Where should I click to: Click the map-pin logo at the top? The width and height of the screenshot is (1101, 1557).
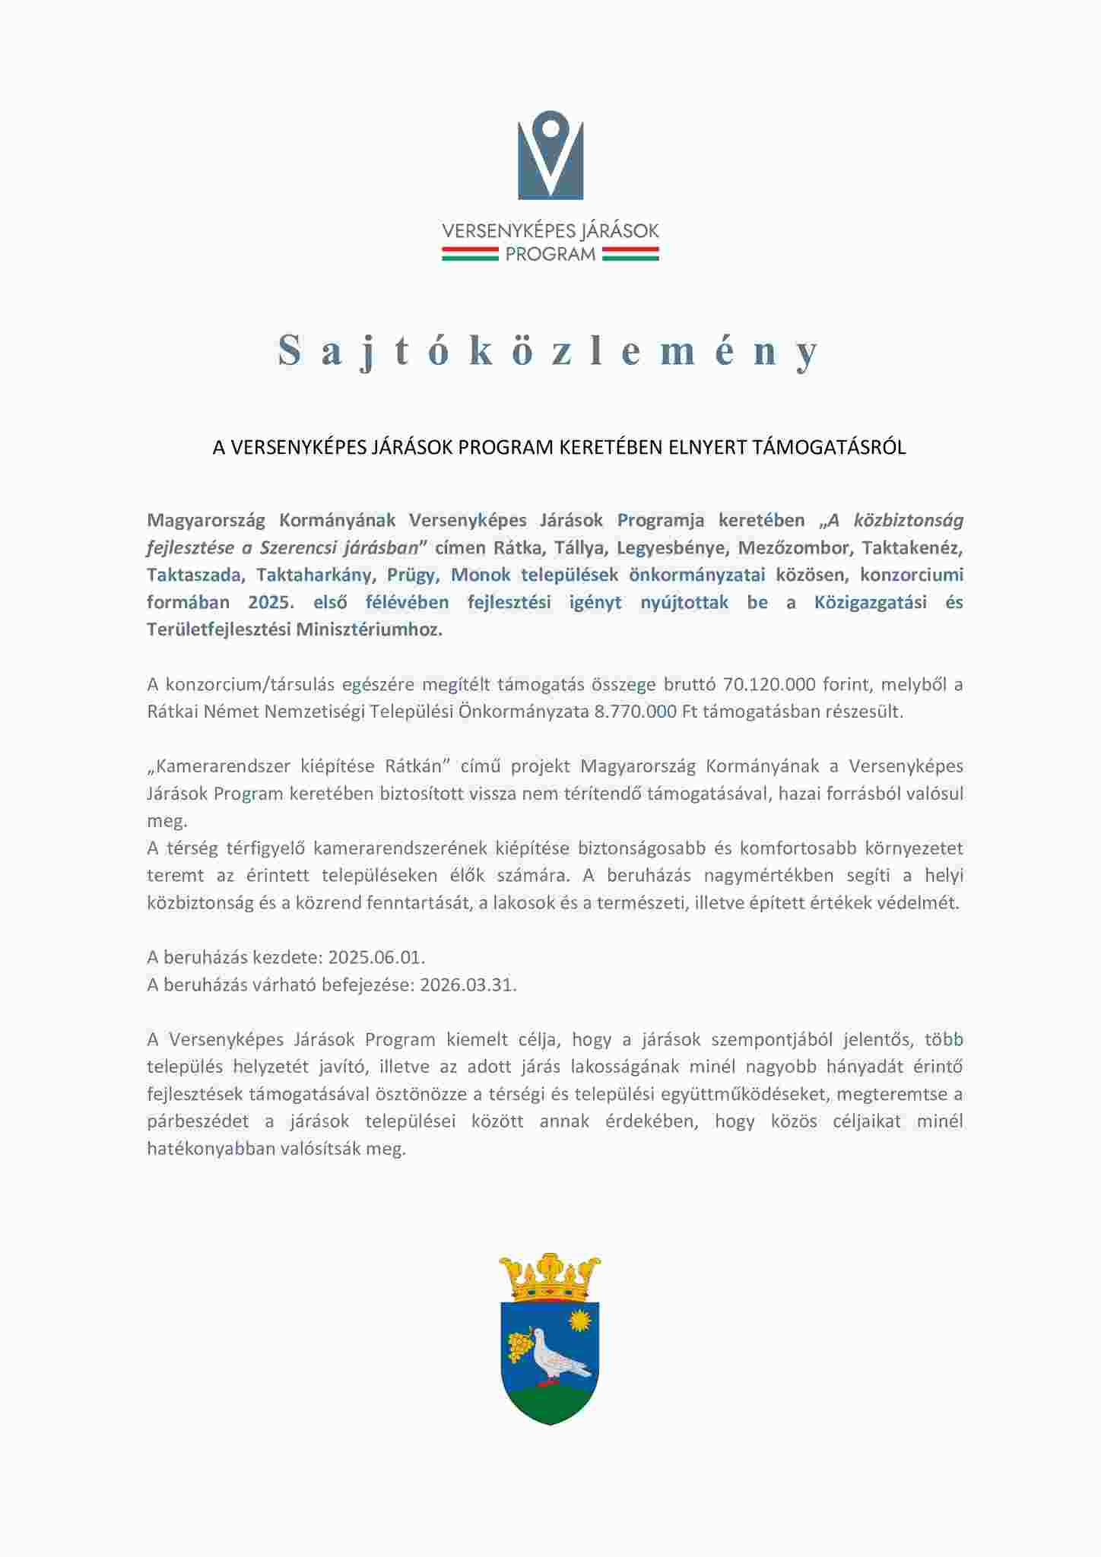(550, 155)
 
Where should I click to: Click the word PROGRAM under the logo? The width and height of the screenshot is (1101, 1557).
(550, 255)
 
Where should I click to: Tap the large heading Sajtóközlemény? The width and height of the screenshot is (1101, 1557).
(550, 350)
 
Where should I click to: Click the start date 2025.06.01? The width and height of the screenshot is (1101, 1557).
(376, 957)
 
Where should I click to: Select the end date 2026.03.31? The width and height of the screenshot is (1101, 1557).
(468, 985)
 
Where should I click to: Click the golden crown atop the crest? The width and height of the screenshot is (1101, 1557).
(550, 1277)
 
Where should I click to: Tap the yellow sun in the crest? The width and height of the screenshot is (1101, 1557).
(581, 1321)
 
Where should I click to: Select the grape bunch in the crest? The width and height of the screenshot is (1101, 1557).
(521, 1346)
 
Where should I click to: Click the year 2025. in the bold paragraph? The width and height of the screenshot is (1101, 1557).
(270, 602)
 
